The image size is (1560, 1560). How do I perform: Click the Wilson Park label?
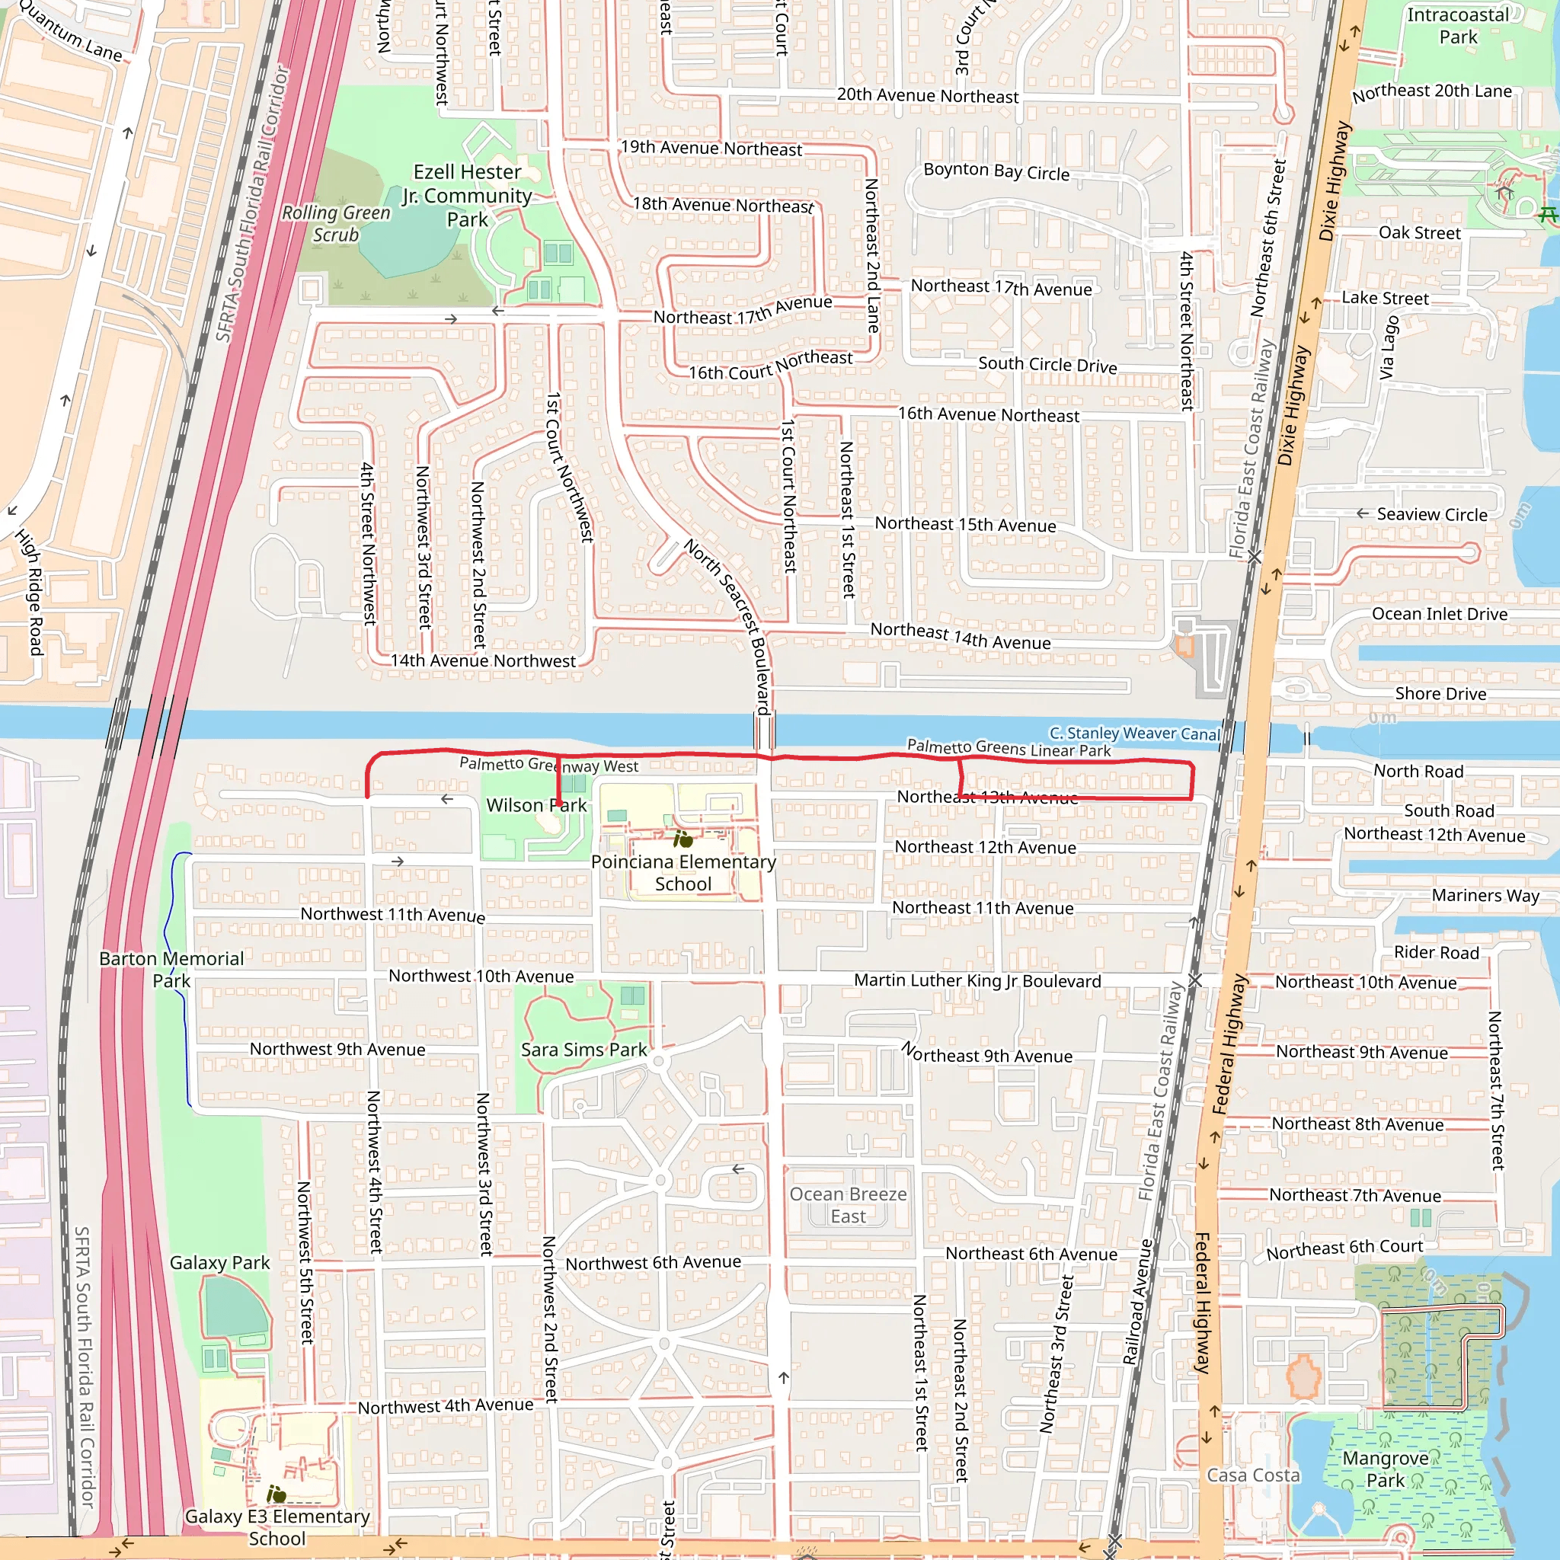click(536, 805)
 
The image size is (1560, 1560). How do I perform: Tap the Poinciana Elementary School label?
click(683, 873)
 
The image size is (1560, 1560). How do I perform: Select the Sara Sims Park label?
click(583, 1050)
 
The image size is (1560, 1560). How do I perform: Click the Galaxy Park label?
click(219, 1263)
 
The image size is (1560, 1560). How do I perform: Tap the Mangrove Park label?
click(1386, 1469)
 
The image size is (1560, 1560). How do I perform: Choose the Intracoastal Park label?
click(1457, 26)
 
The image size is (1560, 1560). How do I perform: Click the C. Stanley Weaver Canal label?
click(1134, 734)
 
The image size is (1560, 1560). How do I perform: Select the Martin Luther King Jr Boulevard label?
click(977, 981)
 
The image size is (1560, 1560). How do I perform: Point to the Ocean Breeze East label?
click(848, 1205)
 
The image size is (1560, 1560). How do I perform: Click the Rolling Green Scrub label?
click(336, 224)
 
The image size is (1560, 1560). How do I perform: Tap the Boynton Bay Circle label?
click(996, 171)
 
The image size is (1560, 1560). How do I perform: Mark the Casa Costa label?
click(1253, 1475)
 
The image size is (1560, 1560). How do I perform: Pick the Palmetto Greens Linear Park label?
click(1009, 748)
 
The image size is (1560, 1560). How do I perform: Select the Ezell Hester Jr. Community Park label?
click(468, 196)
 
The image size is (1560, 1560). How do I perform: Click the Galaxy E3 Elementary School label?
click(277, 1527)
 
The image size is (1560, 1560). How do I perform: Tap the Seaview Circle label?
click(1431, 514)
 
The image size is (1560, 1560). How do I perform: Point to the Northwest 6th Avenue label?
click(653, 1263)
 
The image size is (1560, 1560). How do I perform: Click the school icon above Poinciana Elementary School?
click(683, 839)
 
